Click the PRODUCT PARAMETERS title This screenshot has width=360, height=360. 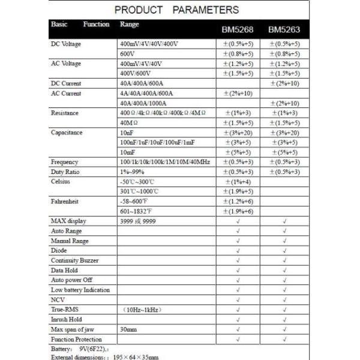pos(176,10)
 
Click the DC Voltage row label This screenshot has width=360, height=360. pos(66,44)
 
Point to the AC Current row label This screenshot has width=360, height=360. pos(66,94)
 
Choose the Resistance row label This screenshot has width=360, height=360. pos(65,113)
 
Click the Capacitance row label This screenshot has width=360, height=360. pos(67,133)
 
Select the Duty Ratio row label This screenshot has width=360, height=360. pos(64,172)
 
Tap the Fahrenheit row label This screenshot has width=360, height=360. pos(65,202)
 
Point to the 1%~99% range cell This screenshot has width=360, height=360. pos(132,172)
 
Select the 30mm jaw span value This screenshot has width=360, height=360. pos(128,329)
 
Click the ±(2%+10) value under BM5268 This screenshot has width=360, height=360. pos(238,94)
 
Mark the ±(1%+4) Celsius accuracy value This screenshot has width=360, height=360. pos(238,181)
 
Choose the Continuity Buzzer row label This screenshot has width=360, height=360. pos(74,260)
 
